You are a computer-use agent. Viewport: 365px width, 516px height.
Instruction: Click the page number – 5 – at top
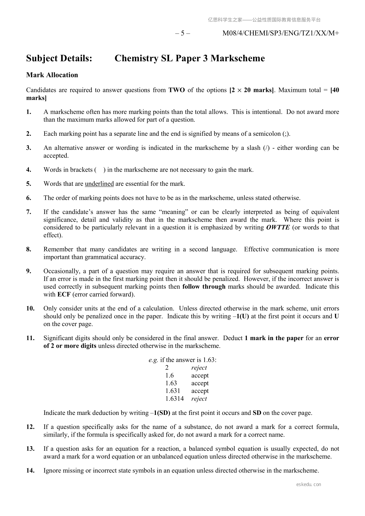pos(182,33)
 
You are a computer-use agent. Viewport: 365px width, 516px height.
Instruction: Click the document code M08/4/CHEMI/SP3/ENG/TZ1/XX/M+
pos(280,33)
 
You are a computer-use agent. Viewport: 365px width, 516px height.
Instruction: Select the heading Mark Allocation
pos(52,75)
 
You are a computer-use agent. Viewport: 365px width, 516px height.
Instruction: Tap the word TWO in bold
pos(177,90)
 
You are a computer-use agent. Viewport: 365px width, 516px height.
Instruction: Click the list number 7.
pos(29,212)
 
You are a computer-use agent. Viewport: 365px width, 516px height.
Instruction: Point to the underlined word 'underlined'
pos(99,184)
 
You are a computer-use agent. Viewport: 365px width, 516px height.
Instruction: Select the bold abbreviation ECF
pos(64,294)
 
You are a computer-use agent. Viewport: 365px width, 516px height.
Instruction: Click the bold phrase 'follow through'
pos(204,287)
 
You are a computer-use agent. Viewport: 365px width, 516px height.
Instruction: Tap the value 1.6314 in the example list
pos(175,399)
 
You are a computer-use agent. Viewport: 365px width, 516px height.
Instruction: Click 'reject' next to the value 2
pos(199,368)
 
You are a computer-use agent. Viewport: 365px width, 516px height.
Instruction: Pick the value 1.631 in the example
pos(173,391)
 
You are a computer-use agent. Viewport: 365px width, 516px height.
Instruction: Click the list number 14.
pos(30,471)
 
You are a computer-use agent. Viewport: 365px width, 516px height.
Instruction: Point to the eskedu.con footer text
pos(309,484)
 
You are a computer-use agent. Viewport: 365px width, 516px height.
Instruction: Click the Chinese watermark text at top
pos(264,20)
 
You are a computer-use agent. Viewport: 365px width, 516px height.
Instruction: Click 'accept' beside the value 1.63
pos(200,383)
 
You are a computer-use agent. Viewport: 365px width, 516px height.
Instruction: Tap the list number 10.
pos(30,309)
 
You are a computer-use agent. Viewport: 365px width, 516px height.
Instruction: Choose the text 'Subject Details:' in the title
pos(59,58)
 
